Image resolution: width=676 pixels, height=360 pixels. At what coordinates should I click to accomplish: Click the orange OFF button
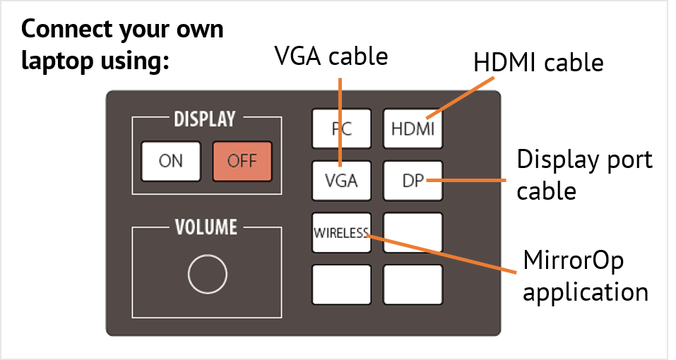[x=242, y=161]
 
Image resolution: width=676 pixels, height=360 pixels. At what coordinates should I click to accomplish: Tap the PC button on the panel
[x=342, y=129]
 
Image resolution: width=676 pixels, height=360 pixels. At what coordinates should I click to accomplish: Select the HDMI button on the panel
[x=413, y=129]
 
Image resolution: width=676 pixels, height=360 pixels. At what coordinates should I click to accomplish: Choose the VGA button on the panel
[x=342, y=181]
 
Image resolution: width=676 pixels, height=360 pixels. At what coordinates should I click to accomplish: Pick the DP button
[x=413, y=181]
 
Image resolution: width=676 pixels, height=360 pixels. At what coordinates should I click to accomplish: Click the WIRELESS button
[x=341, y=232]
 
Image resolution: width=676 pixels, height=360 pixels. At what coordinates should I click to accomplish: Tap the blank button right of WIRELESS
[x=413, y=232]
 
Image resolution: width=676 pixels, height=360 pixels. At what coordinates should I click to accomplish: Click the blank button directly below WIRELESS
[x=341, y=284]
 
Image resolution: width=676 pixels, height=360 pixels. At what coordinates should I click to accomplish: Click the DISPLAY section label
[x=205, y=119]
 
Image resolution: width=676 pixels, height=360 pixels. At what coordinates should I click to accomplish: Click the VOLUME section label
[x=206, y=227]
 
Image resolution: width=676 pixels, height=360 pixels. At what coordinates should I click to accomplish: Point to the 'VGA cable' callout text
[x=331, y=56]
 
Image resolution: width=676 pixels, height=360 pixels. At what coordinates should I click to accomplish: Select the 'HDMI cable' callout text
[x=538, y=63]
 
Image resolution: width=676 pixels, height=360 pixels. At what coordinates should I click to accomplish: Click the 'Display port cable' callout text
[x=584, y=174]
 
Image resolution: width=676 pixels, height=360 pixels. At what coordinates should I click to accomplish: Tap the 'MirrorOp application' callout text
[x=585, y=276]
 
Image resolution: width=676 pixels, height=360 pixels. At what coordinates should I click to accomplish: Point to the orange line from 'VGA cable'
[x=341, y=113]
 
